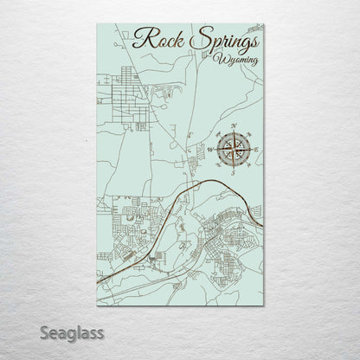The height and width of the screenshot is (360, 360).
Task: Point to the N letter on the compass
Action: [235, 127]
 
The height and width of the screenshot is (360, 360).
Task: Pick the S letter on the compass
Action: [235, 172]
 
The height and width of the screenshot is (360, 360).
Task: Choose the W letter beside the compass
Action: [210, 150]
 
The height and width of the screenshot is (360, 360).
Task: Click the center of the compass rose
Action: [235, 149]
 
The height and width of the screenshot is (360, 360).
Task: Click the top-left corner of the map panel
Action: [95, 23]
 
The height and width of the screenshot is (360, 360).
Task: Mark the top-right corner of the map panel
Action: [265, 23]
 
